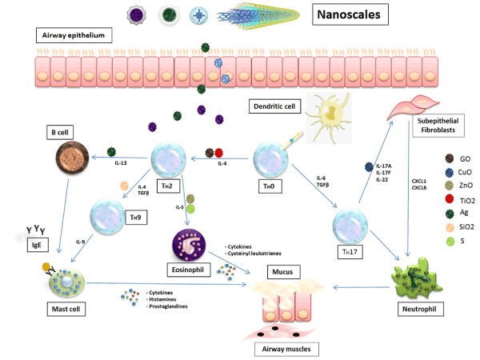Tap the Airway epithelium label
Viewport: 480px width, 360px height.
point(72,36)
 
